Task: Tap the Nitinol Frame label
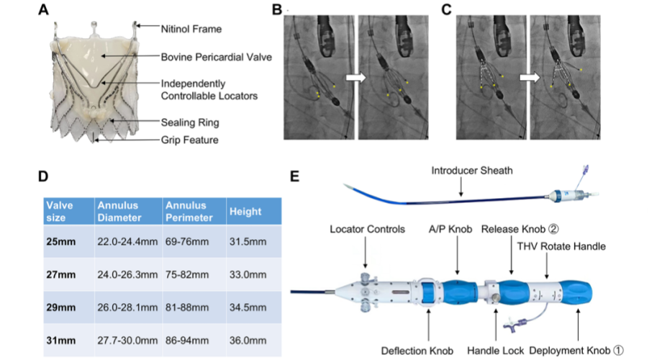point(186,29)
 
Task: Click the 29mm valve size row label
point(60,307)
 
